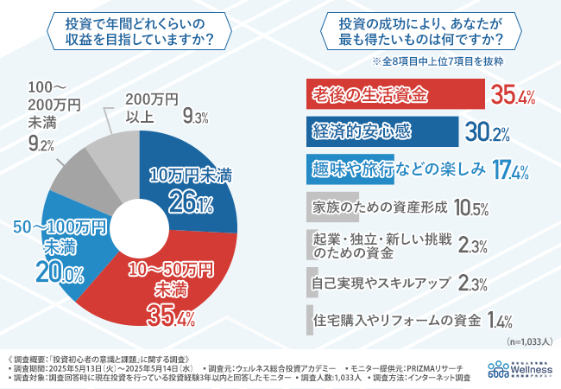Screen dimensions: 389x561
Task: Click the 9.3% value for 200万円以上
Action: coord(193,115)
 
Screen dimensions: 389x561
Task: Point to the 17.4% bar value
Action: coord(509,169)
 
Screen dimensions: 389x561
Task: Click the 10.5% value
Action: coord(470,207)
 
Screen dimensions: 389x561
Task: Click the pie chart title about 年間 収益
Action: coord(140,32)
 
